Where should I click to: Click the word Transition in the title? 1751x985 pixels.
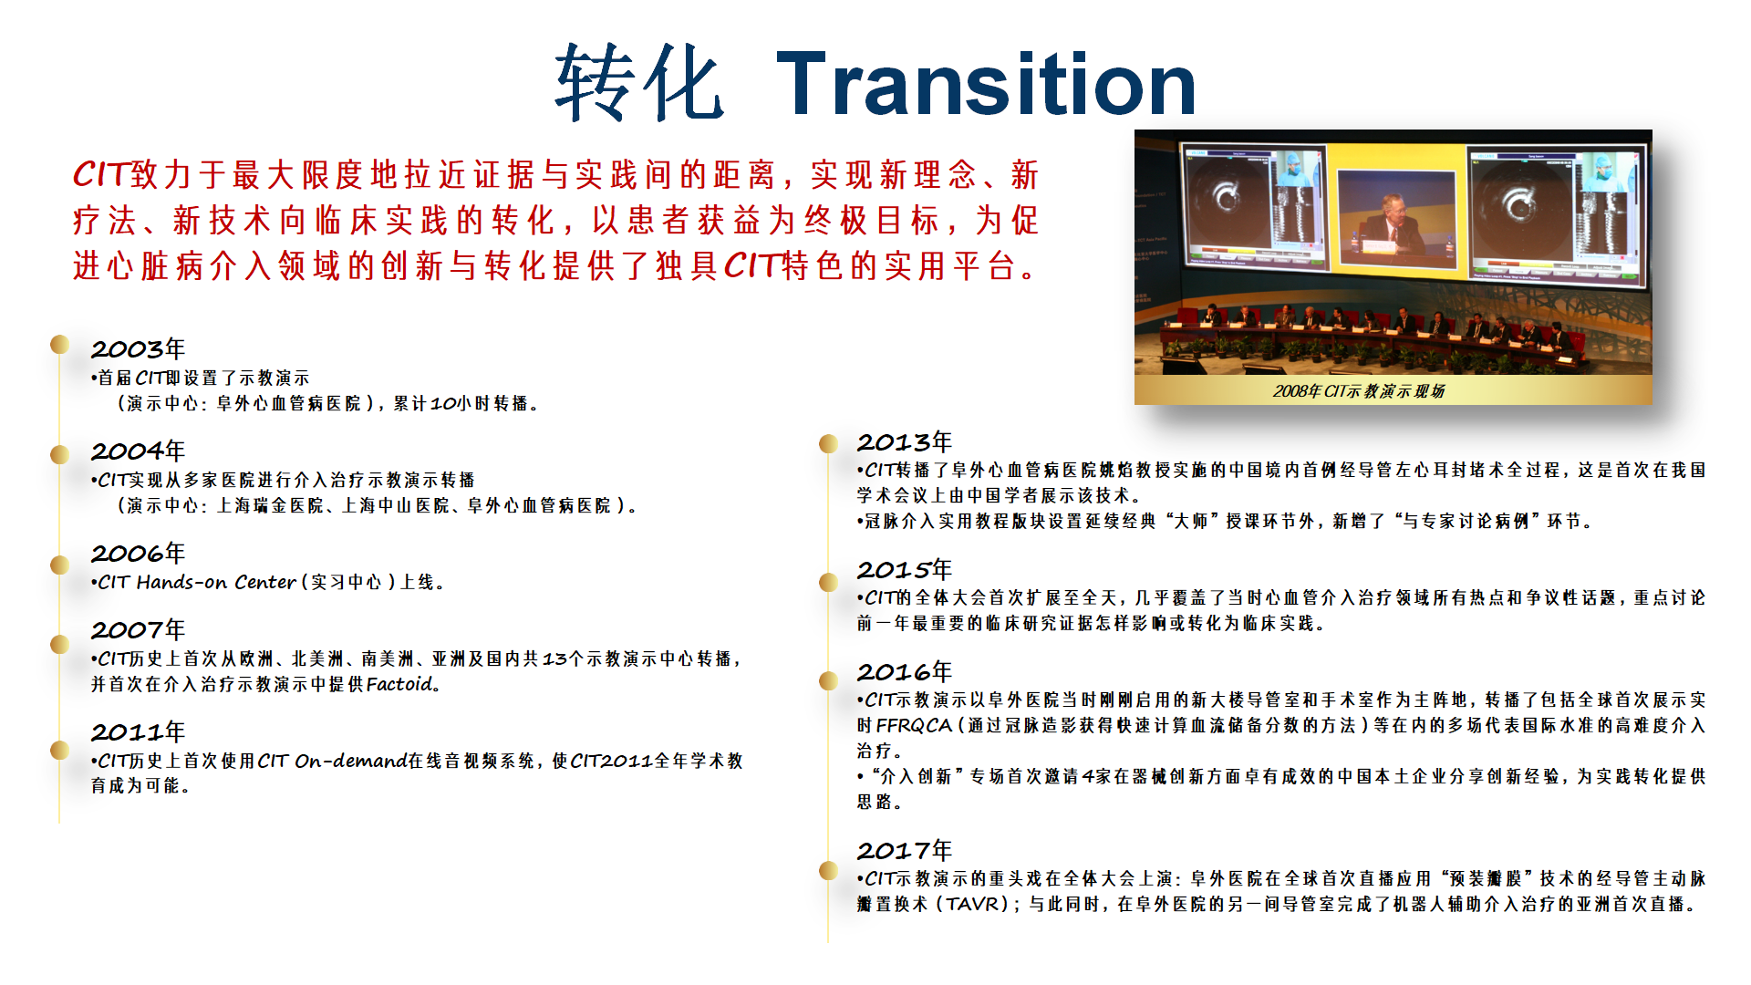[985, 84]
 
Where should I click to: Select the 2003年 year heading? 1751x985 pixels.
[138, 349]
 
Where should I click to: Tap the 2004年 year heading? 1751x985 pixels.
[138, 451]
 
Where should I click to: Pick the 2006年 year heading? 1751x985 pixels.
[138, 554]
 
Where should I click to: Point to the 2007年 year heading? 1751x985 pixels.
[138, 630]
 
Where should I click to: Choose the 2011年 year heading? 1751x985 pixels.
[138, 732]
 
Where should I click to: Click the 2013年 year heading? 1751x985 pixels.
[904, 442]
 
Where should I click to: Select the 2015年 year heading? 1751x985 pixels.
[904, 570]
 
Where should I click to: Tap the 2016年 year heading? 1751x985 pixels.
[904, 672]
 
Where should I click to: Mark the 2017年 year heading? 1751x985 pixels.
[904, 851]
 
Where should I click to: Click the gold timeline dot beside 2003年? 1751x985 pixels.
[60, 345]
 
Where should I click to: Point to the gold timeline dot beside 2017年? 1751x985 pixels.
[828, 870]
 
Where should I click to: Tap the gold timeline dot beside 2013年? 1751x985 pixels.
[828, 443]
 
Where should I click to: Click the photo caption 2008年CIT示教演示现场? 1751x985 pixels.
[1358, 391]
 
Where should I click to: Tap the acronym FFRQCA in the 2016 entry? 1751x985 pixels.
[914, 726]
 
